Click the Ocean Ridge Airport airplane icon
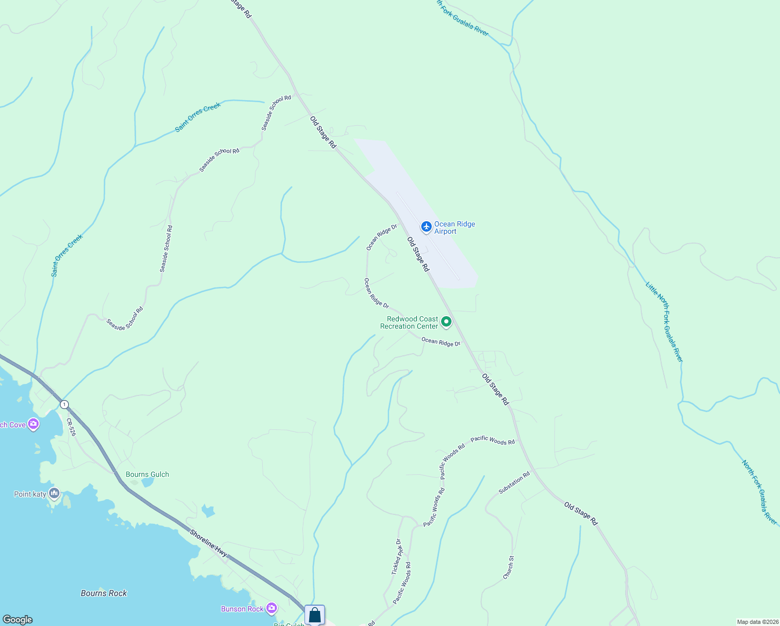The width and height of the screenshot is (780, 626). click(426, 226)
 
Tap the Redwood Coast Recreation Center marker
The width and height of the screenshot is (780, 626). click(446, 322)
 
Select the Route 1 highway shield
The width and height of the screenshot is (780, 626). click(64, 404)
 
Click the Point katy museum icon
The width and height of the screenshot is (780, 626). click(54, 493)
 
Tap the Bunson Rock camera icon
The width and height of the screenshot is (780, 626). click(271, 608)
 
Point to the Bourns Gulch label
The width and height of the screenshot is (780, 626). click(148, 474)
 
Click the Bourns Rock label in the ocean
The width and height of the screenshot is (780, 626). click(104, 593)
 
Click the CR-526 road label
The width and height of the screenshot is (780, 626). click(71, 427)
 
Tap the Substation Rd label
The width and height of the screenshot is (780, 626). click(514, 483)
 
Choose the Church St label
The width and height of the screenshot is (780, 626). click(508, 567)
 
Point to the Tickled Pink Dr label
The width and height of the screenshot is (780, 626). click(397, 557)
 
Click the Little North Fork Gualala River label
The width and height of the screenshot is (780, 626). click(664, 322)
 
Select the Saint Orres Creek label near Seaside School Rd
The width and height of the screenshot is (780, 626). click(198, 116)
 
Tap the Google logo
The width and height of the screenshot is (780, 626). click(18, 620)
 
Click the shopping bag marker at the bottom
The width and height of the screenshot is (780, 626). click(314, 615)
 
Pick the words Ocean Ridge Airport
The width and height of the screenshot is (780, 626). click(454, 227)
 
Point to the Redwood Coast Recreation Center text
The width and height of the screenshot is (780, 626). click(409, 322)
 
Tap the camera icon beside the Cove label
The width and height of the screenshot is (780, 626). click(34, 424)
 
